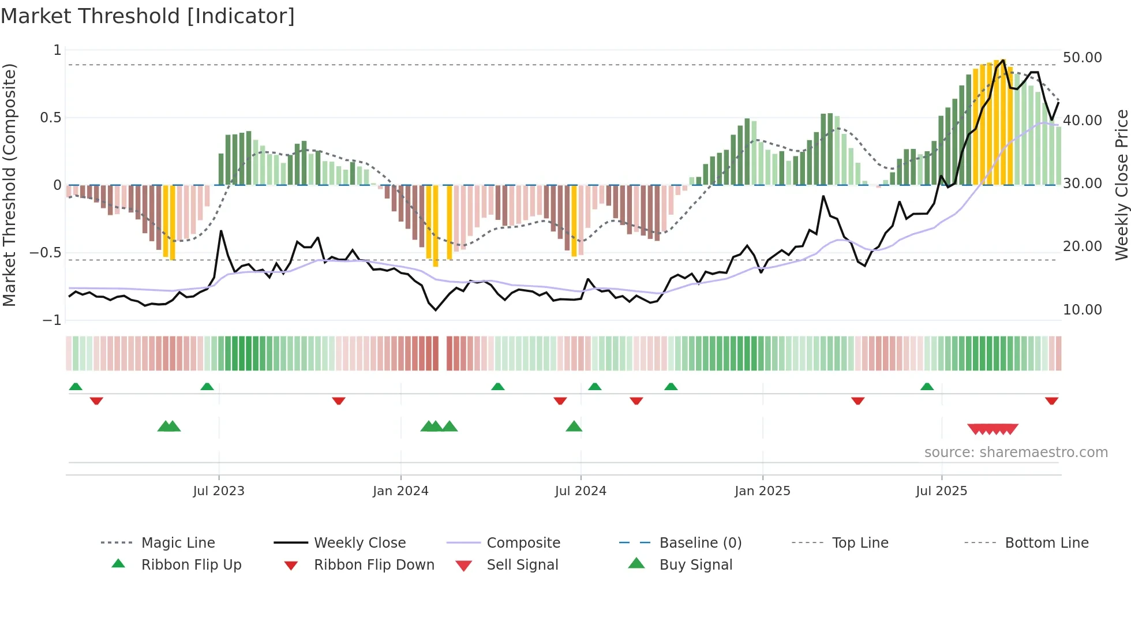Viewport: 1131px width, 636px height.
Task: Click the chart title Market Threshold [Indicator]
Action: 148,16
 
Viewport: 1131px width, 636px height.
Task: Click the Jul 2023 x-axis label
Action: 219,491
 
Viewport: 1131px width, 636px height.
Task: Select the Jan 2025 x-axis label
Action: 762,491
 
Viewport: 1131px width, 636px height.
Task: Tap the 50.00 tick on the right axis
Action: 1082,58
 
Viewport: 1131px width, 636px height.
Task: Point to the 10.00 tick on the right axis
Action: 1082,310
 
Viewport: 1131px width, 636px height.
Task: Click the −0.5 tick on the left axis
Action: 46,253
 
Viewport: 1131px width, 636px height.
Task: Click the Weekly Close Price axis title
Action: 1121,185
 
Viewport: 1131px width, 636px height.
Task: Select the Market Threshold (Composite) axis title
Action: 9,185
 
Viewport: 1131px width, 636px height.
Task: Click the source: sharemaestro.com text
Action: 1016,452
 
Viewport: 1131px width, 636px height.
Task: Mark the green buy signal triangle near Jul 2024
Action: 574,427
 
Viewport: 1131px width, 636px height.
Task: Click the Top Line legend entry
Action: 860,543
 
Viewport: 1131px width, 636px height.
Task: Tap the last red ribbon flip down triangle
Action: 1051,401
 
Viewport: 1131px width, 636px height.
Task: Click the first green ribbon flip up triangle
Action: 76,386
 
